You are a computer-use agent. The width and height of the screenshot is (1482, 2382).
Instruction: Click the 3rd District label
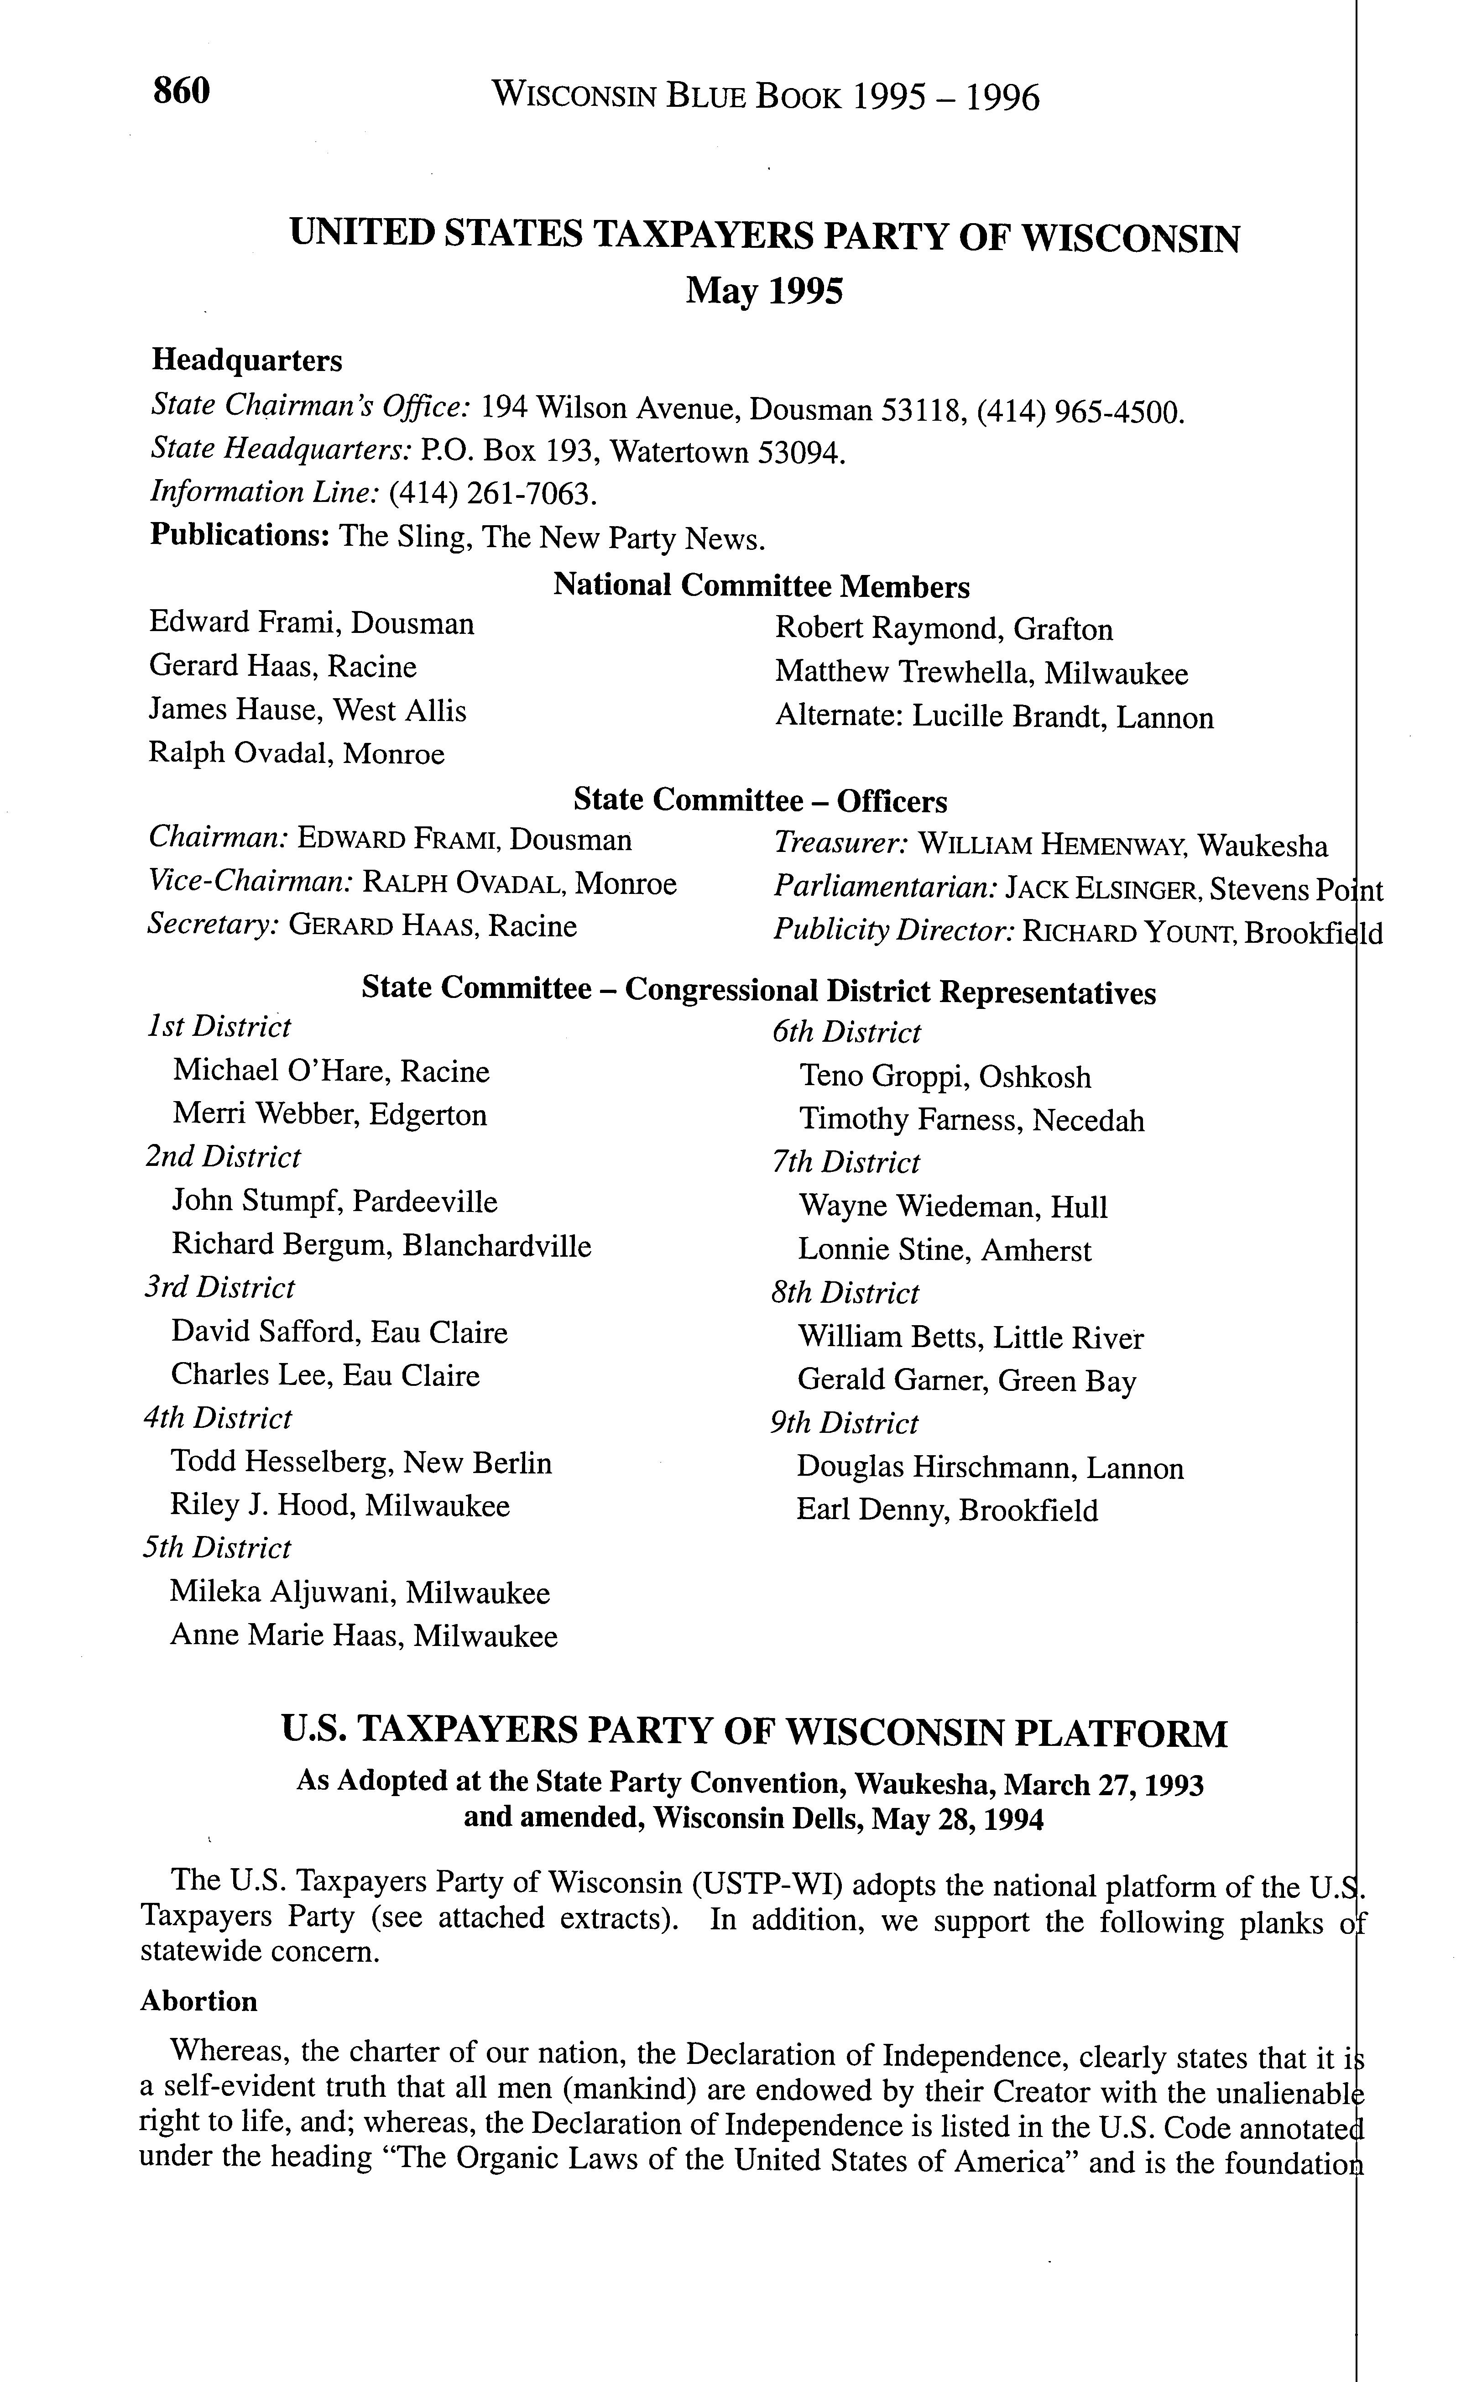pyautogui.click(x=219, y=1288)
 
